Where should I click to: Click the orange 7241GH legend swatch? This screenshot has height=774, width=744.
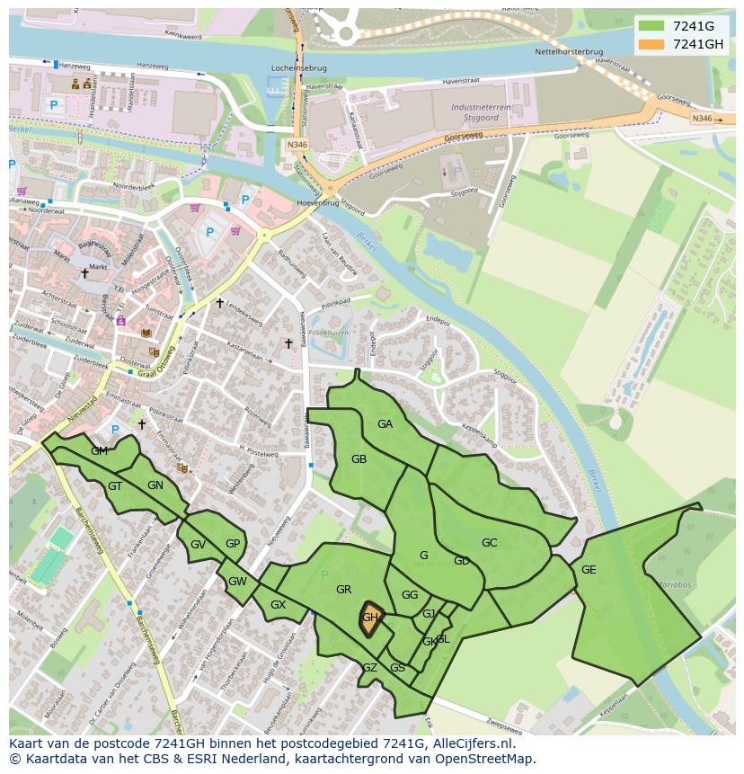(652, 44)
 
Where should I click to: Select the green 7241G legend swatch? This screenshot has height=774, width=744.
(652, 26)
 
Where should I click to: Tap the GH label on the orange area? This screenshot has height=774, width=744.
(370, 618)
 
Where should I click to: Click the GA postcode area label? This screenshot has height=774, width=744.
(385, 424)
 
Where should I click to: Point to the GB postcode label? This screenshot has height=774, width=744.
(359, 459)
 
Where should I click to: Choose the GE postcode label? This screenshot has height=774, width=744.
(589, 570)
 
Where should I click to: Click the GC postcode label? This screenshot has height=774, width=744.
(489, 543)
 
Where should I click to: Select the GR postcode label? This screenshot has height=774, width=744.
(343, 590)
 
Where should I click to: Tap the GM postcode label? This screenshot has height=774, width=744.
(99, 451)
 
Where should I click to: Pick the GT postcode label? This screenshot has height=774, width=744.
(115, 486)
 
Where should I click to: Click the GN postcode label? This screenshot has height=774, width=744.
(155, 485)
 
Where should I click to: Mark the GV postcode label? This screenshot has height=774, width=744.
(198, 545)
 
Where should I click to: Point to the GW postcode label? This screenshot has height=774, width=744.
(237, 582)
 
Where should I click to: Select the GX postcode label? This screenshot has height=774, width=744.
(278, 605)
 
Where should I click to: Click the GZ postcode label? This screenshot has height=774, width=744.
(369, 668)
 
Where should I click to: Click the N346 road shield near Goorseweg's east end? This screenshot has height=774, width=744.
(702, 118)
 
